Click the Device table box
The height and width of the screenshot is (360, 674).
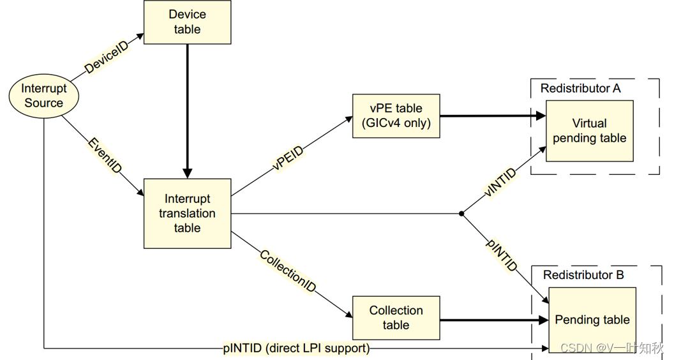coord(187,22)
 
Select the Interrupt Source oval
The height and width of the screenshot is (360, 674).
coord(44,96)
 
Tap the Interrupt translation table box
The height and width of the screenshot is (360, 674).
coord(187,213)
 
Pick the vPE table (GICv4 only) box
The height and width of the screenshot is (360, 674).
coord(396,116)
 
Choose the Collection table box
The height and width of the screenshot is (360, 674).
coord(396,318)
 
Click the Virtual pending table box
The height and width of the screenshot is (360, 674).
coord(589,131)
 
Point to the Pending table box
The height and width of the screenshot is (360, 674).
coord(592,320)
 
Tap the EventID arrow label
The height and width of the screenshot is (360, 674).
coord(105,156)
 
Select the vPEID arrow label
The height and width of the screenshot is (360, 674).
coord(288,158)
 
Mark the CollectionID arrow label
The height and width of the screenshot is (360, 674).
coord(288,271)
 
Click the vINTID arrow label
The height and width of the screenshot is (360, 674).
coord(500,183)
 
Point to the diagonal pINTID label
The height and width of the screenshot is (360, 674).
coord(502,255)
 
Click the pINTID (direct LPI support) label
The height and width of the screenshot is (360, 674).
coord(297,348)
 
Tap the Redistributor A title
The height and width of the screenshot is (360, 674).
coord(580,88)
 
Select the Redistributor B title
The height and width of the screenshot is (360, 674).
coord(583,275)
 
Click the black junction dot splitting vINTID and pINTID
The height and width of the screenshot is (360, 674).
coord(461,213)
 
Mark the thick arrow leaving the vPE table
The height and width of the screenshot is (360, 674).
coord(493,116)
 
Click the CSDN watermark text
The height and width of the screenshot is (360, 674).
coord(612,347)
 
